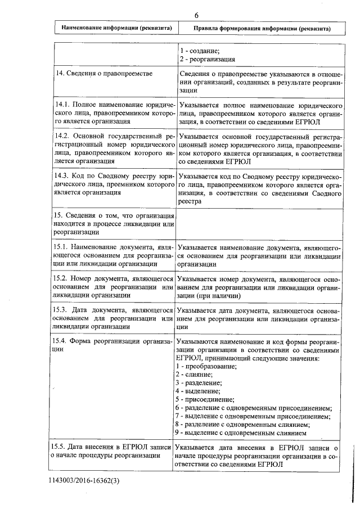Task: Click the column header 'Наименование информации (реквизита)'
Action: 116,28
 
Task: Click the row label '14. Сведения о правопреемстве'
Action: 102,74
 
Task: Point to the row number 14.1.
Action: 61,105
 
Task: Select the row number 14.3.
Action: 61,176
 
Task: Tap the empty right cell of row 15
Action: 259,224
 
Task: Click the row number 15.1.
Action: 61,247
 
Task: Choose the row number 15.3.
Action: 61,309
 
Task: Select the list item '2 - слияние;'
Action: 194,374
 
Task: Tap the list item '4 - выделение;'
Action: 197,391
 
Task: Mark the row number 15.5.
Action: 61,448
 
